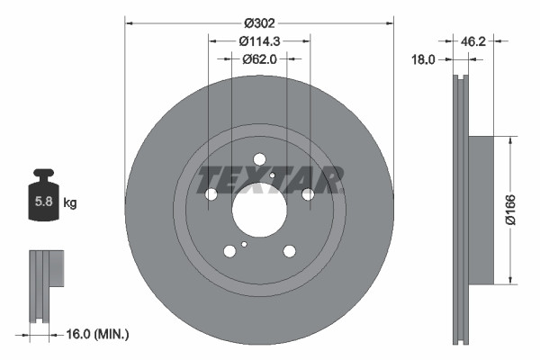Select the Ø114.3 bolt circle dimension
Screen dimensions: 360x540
(x=259, y=40)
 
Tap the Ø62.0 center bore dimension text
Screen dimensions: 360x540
(x=259, y=59)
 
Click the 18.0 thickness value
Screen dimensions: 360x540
(x=424, y=59)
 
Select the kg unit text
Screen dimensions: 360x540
(x=70, y=203)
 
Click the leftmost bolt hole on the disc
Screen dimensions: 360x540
(x=211, y=194)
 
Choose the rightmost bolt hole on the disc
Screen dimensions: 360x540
(x=308, y=194)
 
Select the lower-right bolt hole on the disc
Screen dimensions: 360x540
(x=289, y=252)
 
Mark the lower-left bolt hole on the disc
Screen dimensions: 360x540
(x=229, y=252)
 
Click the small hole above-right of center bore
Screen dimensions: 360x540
(x=274, y=174)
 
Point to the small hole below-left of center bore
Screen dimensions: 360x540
(x=244, y=244)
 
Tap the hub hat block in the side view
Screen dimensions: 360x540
(x=481, y=209)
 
